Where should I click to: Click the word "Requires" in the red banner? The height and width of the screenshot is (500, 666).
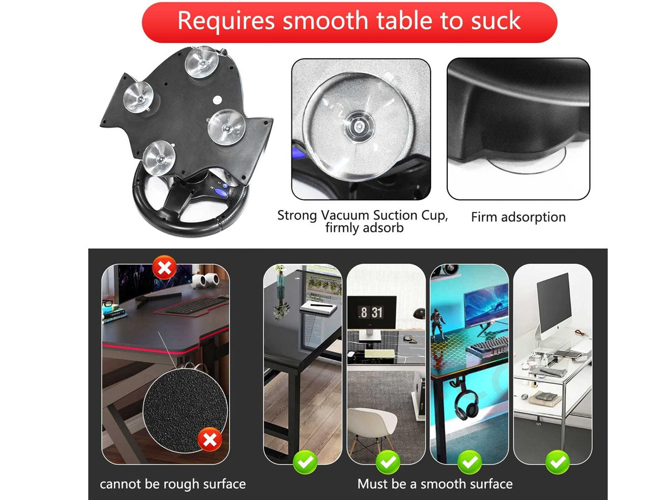pos(226,21)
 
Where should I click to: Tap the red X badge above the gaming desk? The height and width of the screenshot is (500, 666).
pos(164,267)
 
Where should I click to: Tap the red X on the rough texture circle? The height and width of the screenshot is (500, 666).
pos(210,439)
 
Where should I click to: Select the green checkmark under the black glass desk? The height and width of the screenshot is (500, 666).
pos(305,462)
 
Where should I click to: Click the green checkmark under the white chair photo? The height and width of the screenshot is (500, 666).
pos(388,462)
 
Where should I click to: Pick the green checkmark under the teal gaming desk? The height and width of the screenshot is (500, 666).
pos(470,462)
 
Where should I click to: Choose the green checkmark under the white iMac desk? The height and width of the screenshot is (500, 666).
pos(557,462)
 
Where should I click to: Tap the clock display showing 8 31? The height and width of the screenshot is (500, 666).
pos(372,312)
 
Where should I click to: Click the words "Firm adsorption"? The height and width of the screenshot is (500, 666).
pos(518,217)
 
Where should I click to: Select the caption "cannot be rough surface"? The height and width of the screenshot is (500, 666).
pos(173,484)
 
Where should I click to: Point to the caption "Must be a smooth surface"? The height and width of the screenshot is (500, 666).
pos(435,484)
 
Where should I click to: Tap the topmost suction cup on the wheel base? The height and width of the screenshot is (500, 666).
pos(202,62)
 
